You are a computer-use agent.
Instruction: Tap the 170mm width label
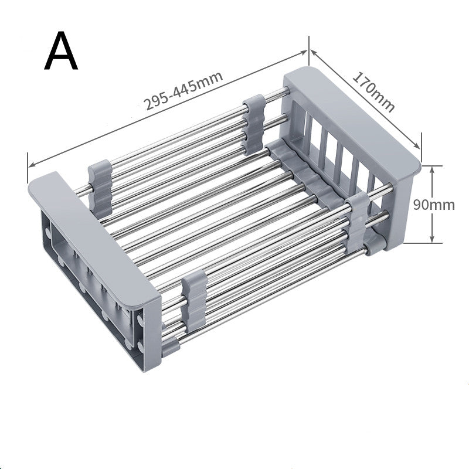(373, 91)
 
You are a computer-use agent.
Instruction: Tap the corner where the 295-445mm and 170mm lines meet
(308, 50)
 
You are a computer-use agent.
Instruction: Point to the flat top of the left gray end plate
(94, 235)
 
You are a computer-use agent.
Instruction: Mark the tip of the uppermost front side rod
(389, 189)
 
